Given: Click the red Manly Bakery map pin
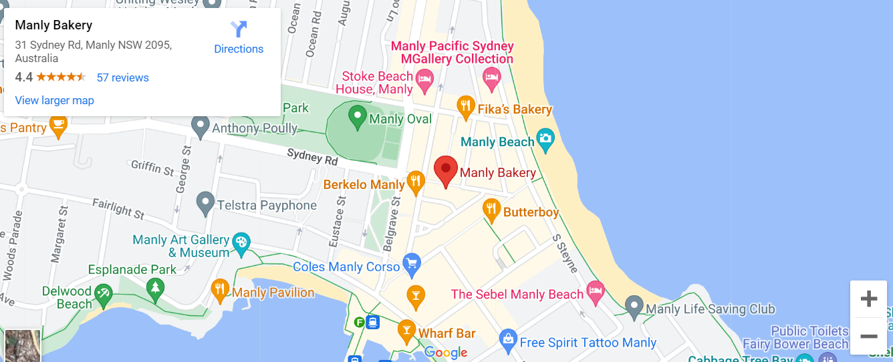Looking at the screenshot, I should tap(446, 170).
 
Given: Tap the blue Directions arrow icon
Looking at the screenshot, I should tap(239, 29).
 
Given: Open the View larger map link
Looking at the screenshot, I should tap(54, 100).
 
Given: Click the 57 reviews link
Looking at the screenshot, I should tap(123, 77).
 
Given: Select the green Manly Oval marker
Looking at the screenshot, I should tap(358, 117).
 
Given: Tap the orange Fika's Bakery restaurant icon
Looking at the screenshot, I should tap(465, 106).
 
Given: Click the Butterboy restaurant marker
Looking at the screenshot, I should tap(492, 210).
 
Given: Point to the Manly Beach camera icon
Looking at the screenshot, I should tap(546, 139).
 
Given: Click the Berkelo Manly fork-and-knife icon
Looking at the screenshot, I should tap(416, 181).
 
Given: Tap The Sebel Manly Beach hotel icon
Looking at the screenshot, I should tap(595, 291).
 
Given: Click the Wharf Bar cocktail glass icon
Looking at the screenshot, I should tap(406, 329).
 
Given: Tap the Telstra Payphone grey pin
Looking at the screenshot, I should tap(205, 202).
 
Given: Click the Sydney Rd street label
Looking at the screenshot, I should tap(312, 156).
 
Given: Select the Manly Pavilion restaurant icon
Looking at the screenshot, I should tap(220, 289).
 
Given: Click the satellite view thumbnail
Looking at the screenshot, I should tap(23, 345).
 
